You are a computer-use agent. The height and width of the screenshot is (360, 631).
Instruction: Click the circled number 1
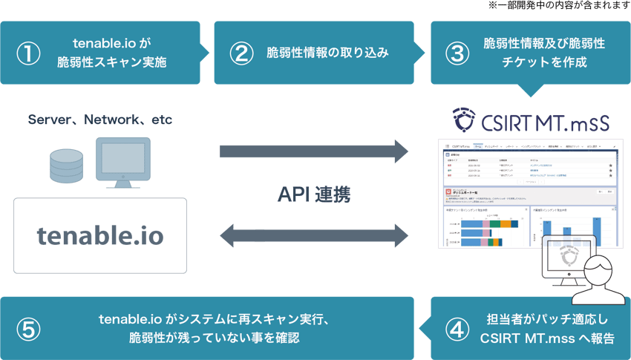[x=27, y=53]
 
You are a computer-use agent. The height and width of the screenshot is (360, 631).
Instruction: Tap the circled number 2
[x=241, y=53]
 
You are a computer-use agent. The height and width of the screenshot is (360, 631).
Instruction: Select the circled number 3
[x=457, y=53]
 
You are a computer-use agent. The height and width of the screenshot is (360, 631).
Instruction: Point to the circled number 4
[x=457, y=329]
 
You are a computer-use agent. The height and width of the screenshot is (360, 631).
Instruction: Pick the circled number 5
[x=27, y=329]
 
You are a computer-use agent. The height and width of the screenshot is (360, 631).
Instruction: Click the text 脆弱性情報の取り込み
[x=327, y=53]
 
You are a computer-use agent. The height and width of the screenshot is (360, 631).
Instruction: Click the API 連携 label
[x=314, y=194]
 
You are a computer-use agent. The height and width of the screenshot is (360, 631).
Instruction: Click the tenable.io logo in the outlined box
[x=100, y=236]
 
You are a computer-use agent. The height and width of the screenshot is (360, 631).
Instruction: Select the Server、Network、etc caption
[x=99, y=120]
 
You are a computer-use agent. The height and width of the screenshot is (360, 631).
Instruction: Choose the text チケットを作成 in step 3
[x=544, y=63]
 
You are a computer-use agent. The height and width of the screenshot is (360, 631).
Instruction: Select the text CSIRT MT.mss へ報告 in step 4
[x=543, y=338]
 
